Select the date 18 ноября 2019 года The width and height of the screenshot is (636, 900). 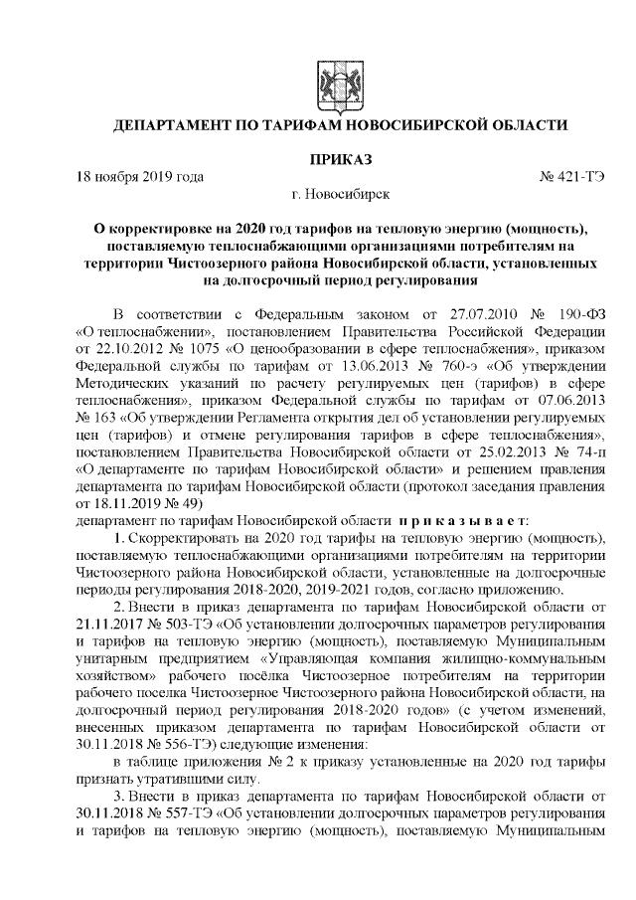[x=140, y=177]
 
